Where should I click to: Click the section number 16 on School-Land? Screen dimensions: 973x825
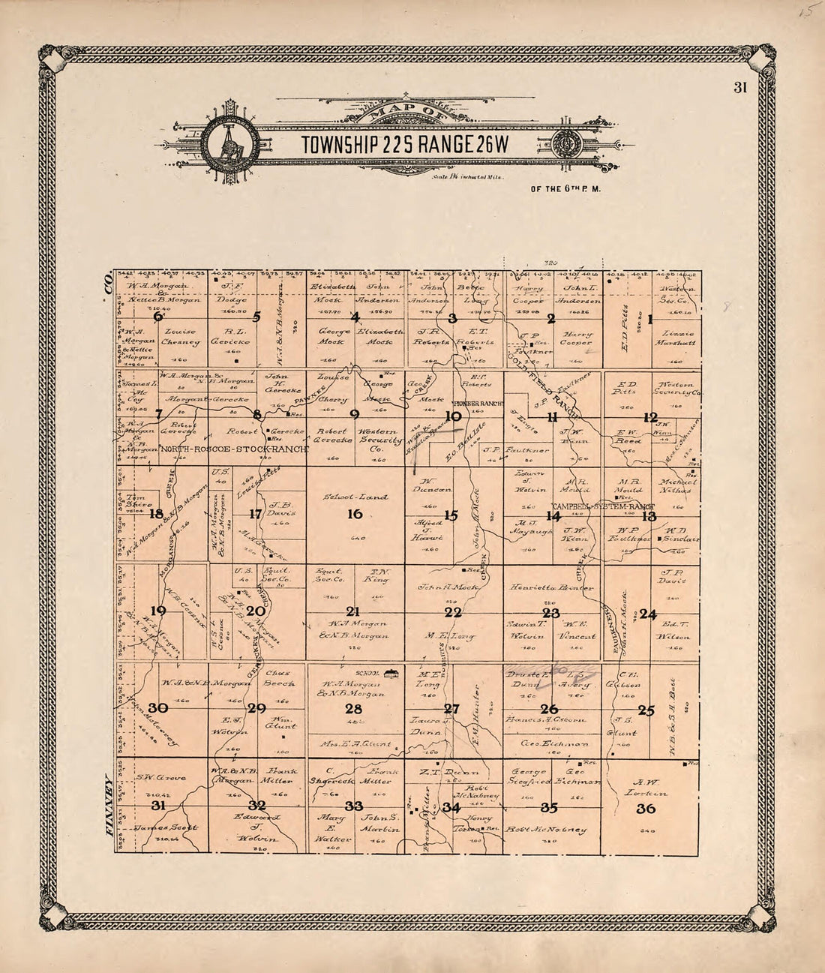pos(354,514)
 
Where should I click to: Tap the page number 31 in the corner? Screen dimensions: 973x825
pos(740,88)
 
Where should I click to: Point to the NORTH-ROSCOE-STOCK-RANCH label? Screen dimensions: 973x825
pos(235,450)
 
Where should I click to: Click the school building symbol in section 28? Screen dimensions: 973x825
pos(391,674)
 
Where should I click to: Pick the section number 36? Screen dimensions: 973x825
pos(646,809)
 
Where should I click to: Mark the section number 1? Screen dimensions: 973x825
pos(650,318)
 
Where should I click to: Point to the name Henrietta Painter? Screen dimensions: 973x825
pos(553,587)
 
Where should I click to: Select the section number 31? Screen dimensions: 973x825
pos(158,806)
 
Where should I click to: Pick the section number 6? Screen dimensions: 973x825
pos(158,317)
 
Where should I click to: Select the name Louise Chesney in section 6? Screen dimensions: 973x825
pos(181,338)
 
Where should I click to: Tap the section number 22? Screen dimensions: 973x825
pos(452,611)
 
